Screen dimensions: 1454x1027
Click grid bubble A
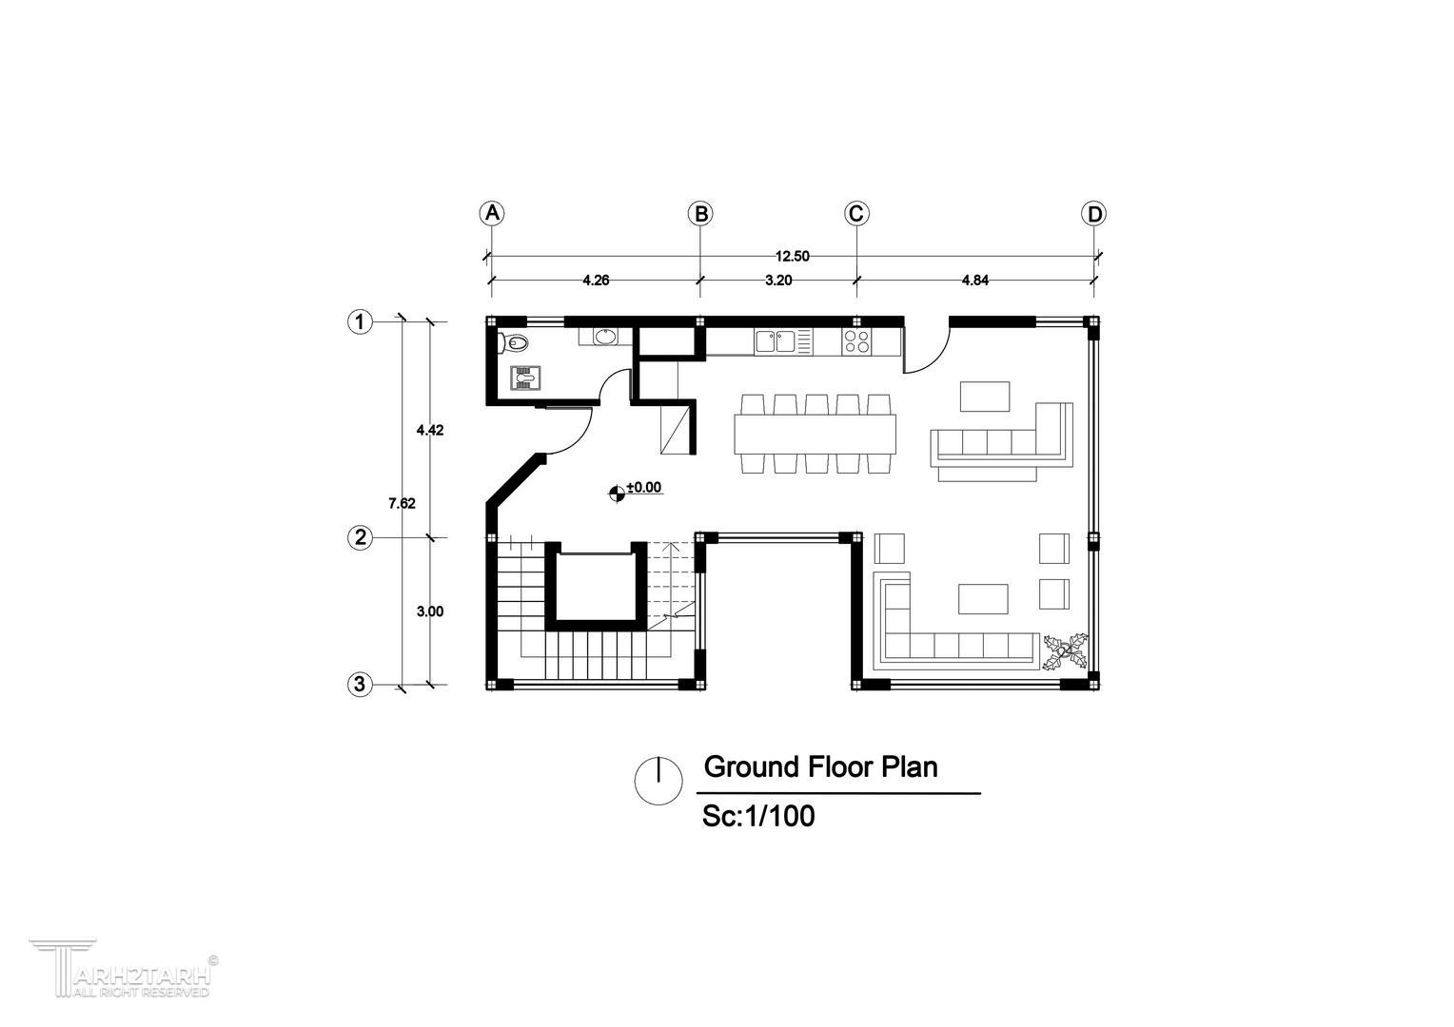tap(492, 213)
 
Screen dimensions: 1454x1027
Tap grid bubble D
tap(1094, 213)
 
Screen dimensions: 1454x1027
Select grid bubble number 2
tap(360, 538)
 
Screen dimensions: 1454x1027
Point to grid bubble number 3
tap(360, 685)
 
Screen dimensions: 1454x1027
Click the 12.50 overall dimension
tap(792, 256)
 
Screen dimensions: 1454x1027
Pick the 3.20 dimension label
tap(778, 281)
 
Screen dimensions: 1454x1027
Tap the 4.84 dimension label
tap(975, 281)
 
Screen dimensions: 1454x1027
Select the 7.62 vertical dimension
tap(402, 503)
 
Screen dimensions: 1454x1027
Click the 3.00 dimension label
tap(430, 611)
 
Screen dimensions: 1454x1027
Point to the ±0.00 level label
tap(644, 487)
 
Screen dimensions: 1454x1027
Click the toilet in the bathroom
tap(514, 342)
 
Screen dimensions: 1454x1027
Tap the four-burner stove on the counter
tap(856, 341)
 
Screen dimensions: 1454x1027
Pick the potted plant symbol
tap(1065, 650)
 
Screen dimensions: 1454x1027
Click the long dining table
tap(815, 434)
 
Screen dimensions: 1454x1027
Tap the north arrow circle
tap(658, 781)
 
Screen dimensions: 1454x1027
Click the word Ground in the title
tap(752, 766)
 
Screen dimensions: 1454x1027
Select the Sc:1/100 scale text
tap(758, 816)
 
